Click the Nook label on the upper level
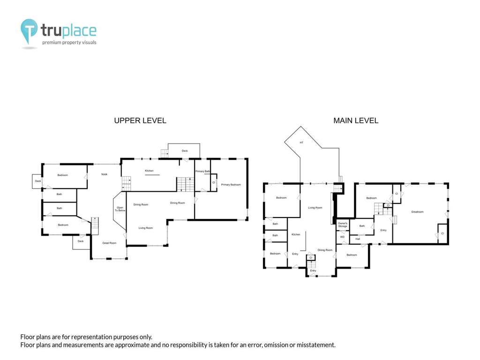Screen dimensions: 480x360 [105, 174]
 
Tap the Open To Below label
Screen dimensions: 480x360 [120, 209]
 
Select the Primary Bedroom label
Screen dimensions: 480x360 [231, 185]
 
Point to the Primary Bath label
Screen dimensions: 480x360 [202, 171]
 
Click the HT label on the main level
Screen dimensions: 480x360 [301, 142]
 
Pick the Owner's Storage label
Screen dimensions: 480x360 [343, 225]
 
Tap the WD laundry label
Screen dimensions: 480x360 [342, 237]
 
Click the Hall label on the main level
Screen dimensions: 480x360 [358, 239]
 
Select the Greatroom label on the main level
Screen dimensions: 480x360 [417, 212]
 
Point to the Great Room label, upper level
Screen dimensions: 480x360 [109, 243]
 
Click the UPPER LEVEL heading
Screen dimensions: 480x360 [140, 120]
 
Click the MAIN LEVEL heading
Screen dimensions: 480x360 [356, 120]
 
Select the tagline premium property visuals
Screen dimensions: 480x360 [69, 42]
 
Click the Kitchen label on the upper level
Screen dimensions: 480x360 [149, 171]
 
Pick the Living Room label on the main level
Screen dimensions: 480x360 [315, 208]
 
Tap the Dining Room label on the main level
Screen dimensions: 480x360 [325, 250]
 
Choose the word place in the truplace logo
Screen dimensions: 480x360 [79, 31]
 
